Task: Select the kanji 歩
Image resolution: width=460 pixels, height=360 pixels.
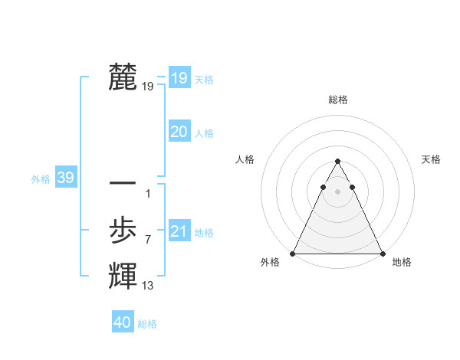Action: (x=123, y=230)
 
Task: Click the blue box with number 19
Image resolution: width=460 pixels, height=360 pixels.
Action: (x=179, y=77)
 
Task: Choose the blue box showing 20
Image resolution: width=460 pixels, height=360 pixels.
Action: (x=179, y=132)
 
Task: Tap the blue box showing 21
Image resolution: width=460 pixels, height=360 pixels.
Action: (x=179, y=231)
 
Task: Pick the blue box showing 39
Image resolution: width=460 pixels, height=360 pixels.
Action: (x=65, y=178)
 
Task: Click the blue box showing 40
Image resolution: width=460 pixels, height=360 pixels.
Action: (x=123, y=322)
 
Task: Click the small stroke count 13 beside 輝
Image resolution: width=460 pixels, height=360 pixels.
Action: (x=147, y=286)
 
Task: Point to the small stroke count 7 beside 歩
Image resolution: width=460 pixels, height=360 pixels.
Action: (x=148, y=240)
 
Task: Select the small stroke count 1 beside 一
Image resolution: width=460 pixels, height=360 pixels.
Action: (x=148, y=194)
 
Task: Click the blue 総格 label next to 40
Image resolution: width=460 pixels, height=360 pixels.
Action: (x=147, y=324)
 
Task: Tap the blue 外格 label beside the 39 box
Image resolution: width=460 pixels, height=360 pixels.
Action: (x=41, y=179)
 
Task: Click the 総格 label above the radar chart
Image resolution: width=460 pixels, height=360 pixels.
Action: (x=338, y=100)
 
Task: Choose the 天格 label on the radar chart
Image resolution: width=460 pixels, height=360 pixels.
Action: (x=432, y=159)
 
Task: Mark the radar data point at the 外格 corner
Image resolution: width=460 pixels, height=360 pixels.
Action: (x=294, y=254)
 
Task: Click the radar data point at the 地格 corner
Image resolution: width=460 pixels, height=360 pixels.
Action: (x=382, y=254)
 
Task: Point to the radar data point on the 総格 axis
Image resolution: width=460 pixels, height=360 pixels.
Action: (x=338, y=162)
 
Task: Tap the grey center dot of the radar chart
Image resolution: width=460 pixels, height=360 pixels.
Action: (x=338, y=189)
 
